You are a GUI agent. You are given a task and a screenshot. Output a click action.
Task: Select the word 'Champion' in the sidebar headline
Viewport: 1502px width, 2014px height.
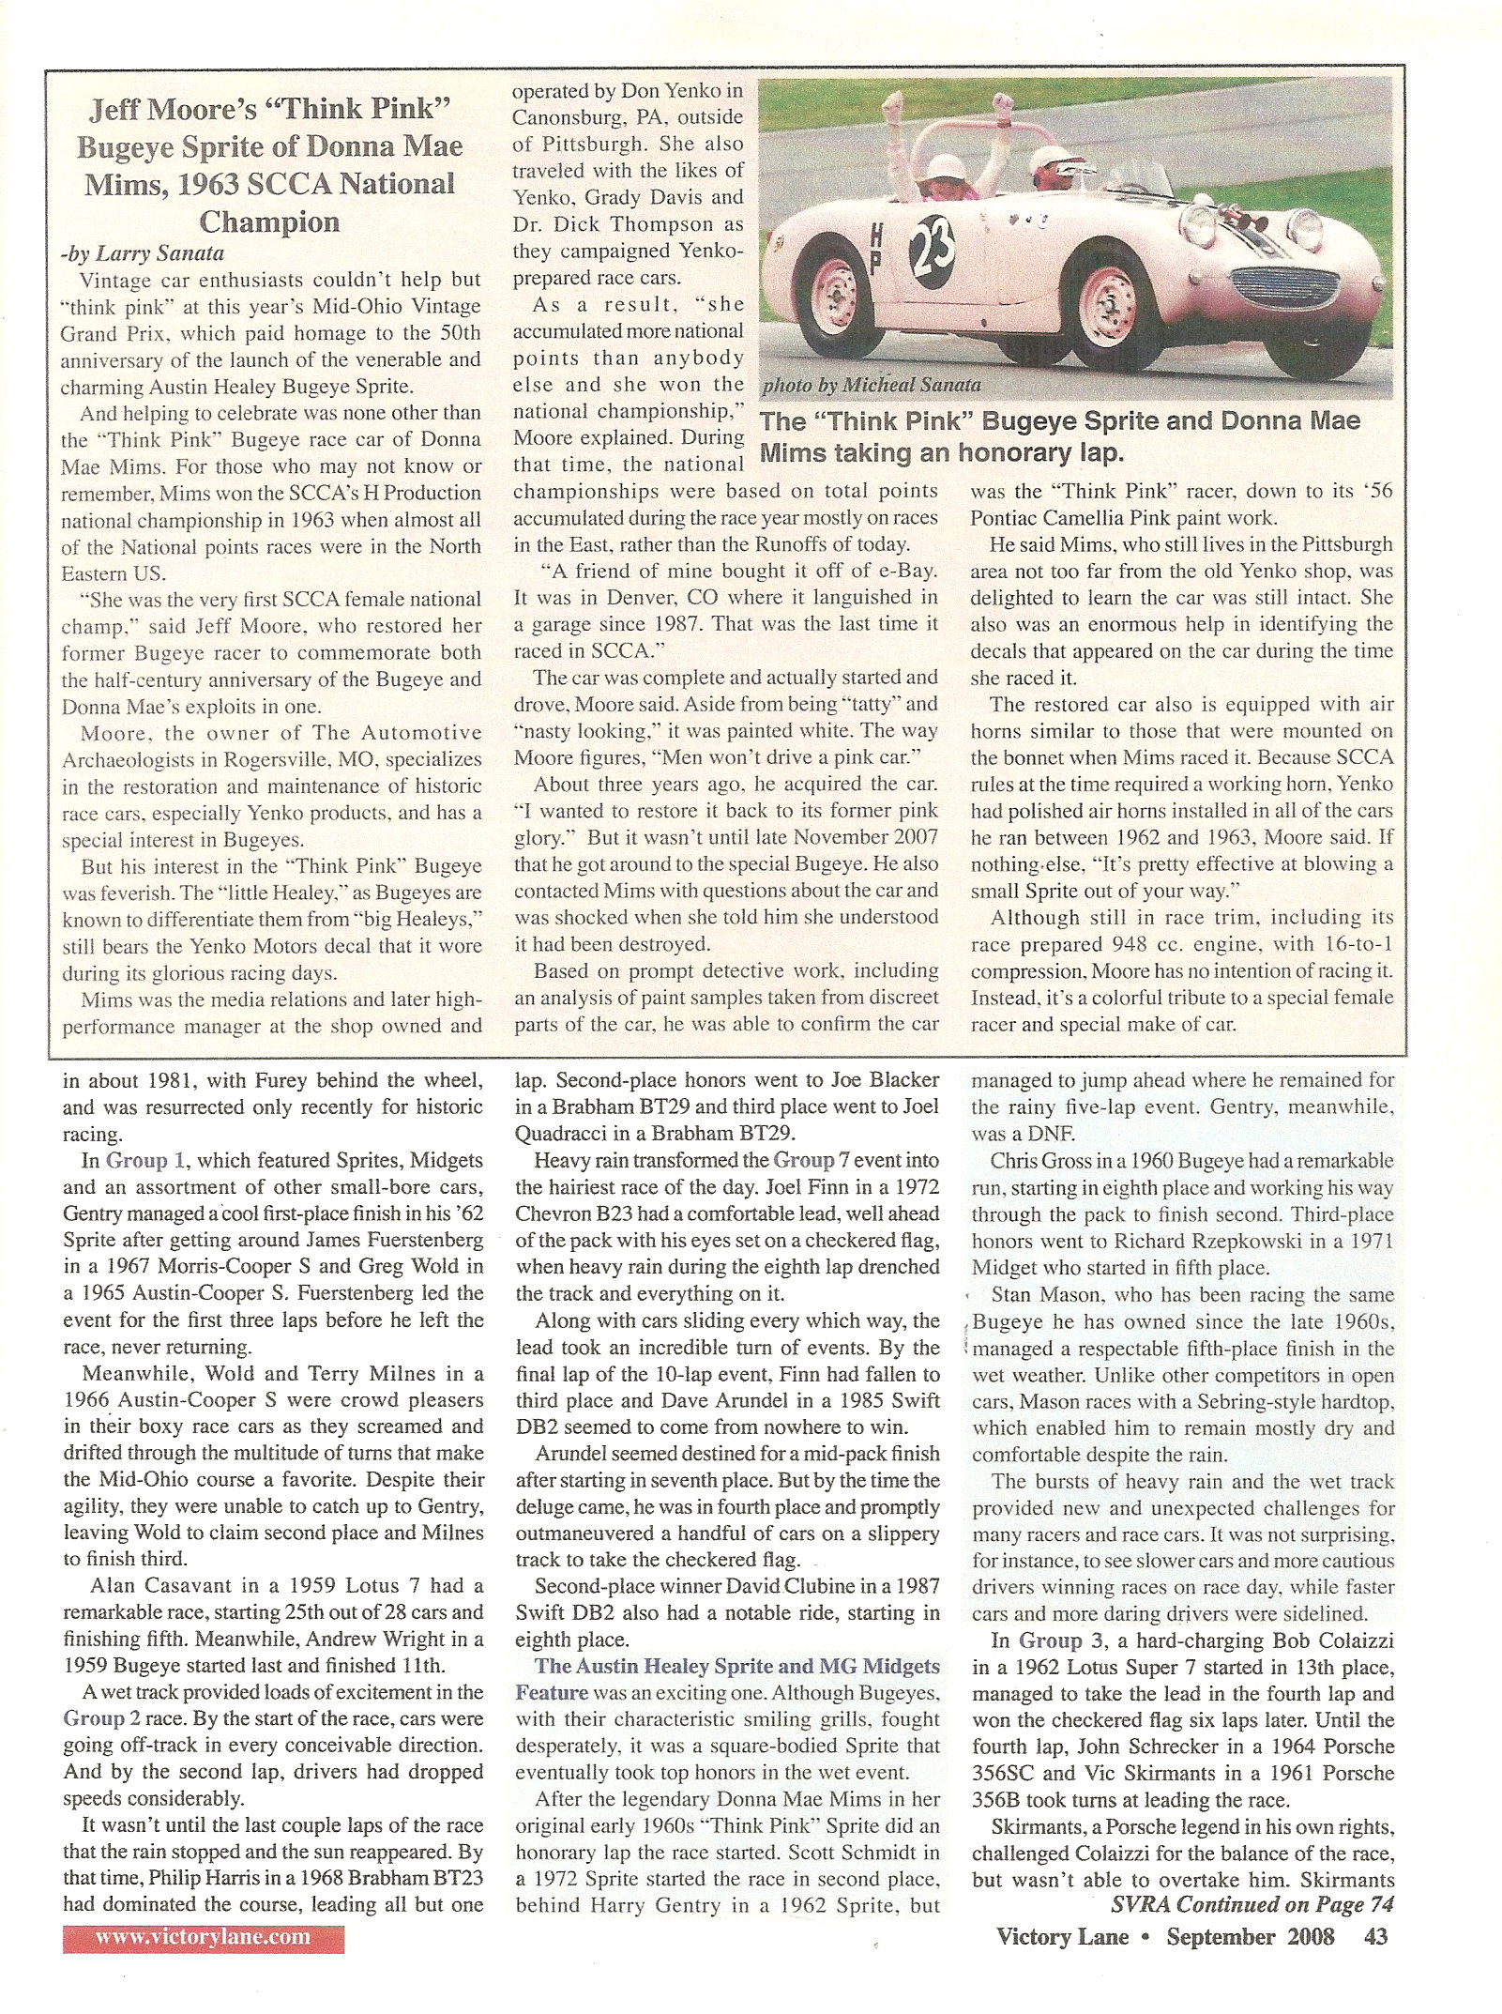(x=270, y=222)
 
